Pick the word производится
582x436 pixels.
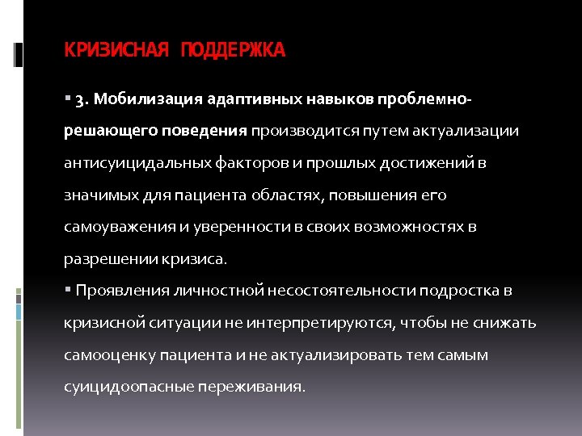coord(298,131)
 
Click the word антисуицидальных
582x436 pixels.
coord(141,163)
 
